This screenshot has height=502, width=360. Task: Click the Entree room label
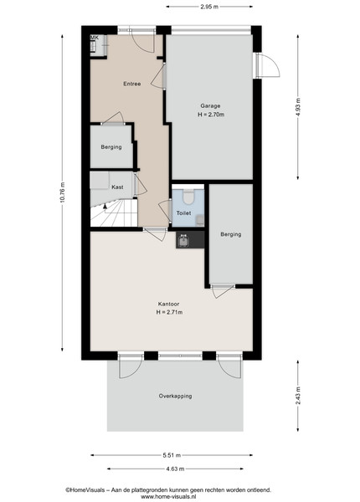coord(132,84)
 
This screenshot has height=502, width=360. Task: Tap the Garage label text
coord(210,106)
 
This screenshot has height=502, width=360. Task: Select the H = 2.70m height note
coord(211,115)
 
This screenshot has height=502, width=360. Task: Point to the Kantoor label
coord(168,304)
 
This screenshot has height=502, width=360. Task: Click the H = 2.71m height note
coord(169,312)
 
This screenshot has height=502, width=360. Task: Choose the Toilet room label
coord(184,213)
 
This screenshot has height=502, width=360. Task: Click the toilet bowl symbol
coord(188,197)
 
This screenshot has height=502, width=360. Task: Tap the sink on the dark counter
coord(183,240)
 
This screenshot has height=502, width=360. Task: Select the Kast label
coord(117,187)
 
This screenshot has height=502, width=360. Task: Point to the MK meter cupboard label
coord(94,38)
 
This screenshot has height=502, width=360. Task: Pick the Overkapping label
coord(176,396)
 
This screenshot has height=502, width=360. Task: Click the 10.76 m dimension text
coord(63,192)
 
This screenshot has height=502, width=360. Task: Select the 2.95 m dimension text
coord(209,7)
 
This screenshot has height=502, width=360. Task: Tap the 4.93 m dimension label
coord(298,106)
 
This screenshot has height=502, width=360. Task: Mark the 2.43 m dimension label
coord(298,396)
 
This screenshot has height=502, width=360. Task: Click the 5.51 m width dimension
coord(172,455)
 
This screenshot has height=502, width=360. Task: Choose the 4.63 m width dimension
coord(175,469)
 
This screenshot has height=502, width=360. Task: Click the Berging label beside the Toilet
coord(231,234)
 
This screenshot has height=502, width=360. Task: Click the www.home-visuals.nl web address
coord(168,497)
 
